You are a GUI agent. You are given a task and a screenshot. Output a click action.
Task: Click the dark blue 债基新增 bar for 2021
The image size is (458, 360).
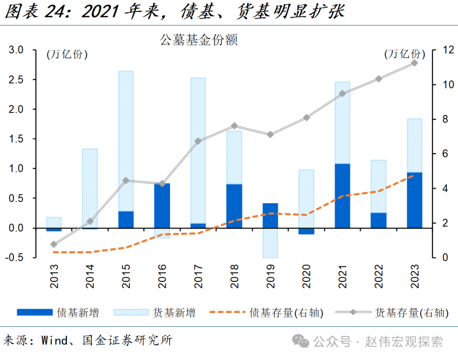[x=342, y=196]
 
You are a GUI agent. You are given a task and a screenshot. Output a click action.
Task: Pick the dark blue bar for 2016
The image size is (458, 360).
[x=162, y=206]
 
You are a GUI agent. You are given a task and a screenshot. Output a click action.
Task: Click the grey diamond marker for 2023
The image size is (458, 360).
[x=414, y=63]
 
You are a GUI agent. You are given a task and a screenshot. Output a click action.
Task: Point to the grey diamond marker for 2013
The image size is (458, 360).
[x=54, y=244]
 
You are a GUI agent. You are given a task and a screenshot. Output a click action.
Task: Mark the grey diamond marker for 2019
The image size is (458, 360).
[x=270, y=134]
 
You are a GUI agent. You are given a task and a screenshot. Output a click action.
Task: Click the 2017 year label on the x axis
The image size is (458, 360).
[x=198, y=276]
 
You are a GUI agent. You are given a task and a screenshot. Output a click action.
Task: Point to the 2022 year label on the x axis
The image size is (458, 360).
[x=379, y=276]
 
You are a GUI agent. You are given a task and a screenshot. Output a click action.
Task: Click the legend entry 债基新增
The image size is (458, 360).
[x=58, y=313]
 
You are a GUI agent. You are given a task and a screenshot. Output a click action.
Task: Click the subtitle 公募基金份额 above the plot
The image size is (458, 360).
[x=198, y=40]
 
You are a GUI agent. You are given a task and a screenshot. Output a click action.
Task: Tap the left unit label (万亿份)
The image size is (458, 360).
[x=67, y=54]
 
